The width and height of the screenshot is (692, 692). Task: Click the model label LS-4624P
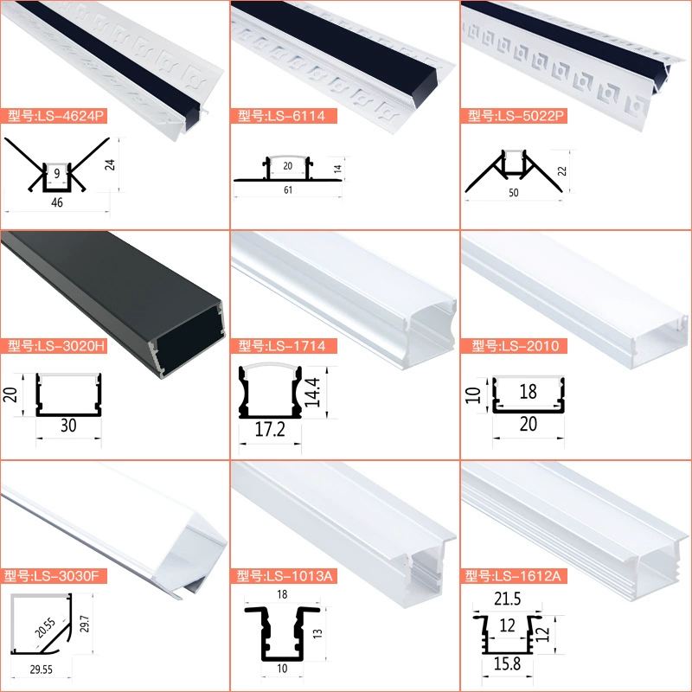click(54, 116)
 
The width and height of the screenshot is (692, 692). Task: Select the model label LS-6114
click(284, 116)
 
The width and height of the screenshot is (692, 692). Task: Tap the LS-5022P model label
click(514, 116)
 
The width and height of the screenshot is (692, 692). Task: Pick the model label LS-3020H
click(54, 345)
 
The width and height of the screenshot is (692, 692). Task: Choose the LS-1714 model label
click(284, 345)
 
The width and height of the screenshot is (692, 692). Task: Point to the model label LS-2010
click(514, 345)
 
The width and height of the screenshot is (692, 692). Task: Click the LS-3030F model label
click(54, 575)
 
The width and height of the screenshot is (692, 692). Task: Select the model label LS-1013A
click(284, 575)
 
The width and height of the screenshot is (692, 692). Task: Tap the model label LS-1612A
click(514, 575)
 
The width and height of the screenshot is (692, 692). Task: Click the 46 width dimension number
click(57, 202)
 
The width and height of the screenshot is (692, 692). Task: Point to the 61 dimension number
click(288, 189)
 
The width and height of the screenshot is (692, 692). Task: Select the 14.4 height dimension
click(312, 392)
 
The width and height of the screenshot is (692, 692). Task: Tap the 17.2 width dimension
click(270, 429)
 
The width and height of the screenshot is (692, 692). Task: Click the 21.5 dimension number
click(508, 599)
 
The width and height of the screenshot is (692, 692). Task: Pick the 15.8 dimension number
click(508, 663)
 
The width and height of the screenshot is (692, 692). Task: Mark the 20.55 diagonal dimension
click(45, 628)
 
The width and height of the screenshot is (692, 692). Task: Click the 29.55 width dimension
click(41, 670)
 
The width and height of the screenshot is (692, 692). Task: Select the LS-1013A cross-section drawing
click(283, 634)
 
